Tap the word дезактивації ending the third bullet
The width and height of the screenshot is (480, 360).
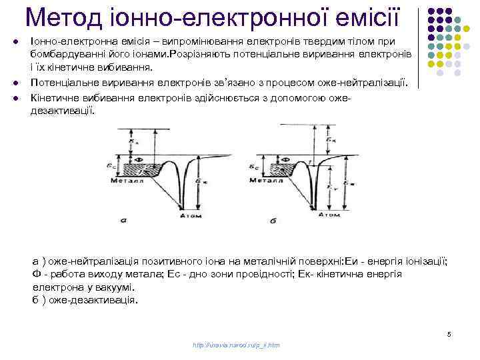tap(63, 109)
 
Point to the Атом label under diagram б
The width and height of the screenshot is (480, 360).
tap(330, 215)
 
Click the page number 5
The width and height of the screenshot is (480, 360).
tap(449, 333)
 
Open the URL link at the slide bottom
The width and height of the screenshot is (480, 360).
tap(235, 345)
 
